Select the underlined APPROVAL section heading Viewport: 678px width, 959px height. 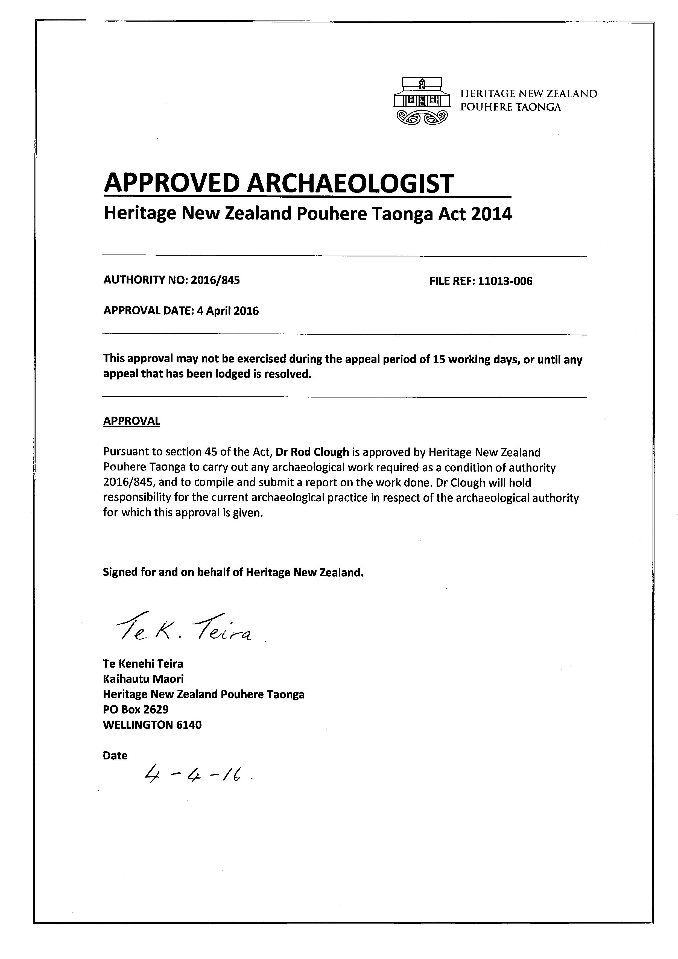click(131, 421)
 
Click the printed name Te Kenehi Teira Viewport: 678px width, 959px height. click(143, 664)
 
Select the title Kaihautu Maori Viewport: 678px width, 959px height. click(143, 679)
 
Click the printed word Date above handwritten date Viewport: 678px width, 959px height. click(115, 756)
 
